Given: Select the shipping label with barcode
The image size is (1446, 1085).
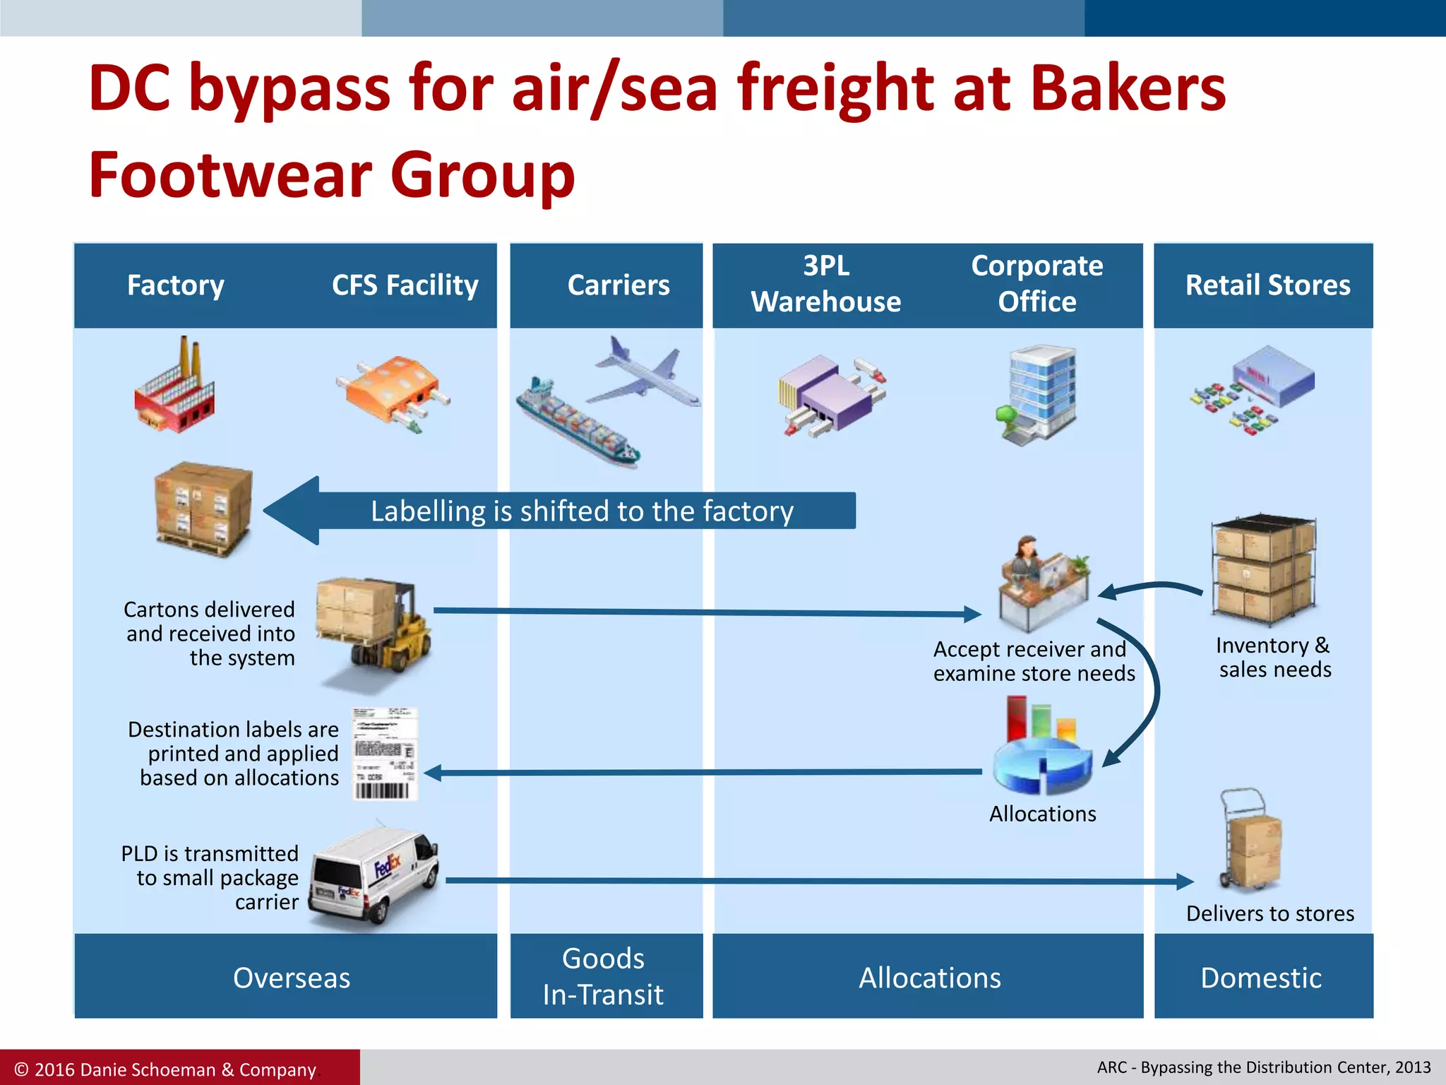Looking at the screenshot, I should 385,754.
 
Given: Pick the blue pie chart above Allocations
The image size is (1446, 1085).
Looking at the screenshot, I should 1041,759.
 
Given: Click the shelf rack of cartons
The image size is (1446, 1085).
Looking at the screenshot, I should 1264,569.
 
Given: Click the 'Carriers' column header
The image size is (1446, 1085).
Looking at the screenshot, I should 619,285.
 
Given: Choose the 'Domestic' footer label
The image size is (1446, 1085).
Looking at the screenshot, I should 1262,978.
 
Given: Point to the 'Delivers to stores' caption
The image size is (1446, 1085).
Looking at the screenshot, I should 1270,913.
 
